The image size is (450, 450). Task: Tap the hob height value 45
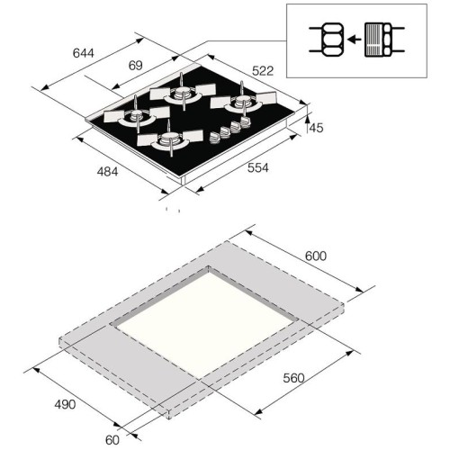(x=316, y=129)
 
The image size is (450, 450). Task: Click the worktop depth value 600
(x=316, y=256)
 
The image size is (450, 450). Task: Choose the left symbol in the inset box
(x=325, y=39)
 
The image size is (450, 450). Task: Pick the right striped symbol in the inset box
(x=382, y=39)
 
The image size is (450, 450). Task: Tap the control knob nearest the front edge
(x=216, y=139)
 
